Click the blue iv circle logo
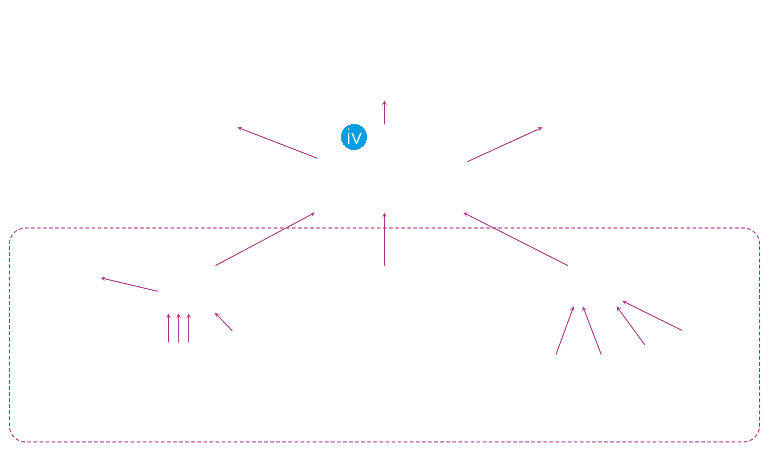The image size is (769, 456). pos(353,137)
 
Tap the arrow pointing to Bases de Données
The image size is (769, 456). pos(505,145)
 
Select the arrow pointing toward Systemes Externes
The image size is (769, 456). pos(278,143)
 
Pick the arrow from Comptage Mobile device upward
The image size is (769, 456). pos(384,241)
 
